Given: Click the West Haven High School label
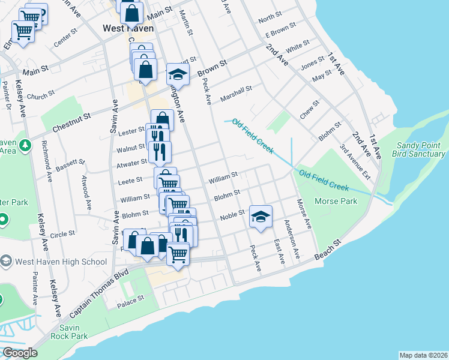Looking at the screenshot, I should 62,262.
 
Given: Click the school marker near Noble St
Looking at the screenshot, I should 261,217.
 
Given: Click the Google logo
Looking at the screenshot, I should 20,353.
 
